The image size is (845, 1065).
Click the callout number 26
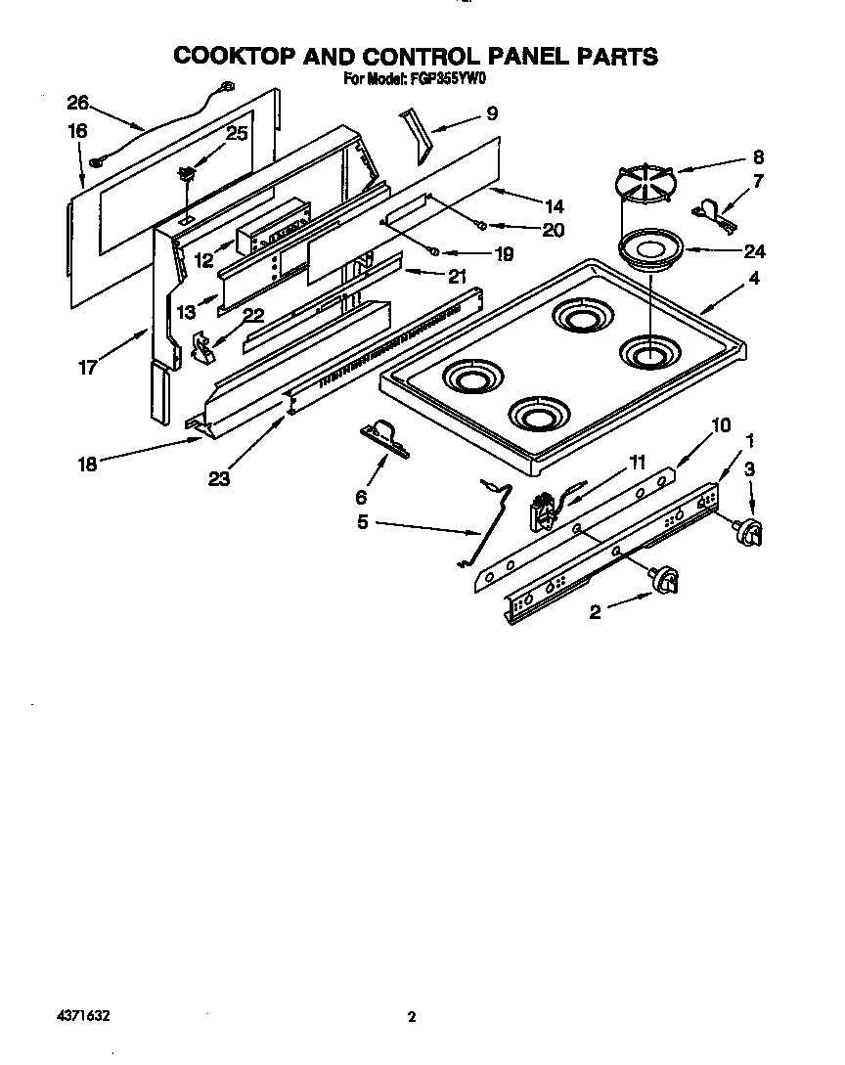pyautogui.click(x=77, y=103)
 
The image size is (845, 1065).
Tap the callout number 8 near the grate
pyautogui.click(x=758, y=156)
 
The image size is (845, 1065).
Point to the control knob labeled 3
pyautogui.click(x=749, y=532)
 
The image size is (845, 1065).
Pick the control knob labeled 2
pyautogui.click(x=664, y=580)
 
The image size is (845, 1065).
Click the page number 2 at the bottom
pyautogui.click(x=412, y=1017)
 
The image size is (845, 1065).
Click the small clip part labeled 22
pyautogui.click(x=203, y=345)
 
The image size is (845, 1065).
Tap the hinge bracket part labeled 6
pyautogui.click(x=382, y=436)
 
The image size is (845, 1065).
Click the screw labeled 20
pyautogui.click(x=481, y=227)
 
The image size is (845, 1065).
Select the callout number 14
pyautogui.click(x=554, y=206)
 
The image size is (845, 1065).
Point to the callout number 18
pyautogui.click(x=88, y=465)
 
